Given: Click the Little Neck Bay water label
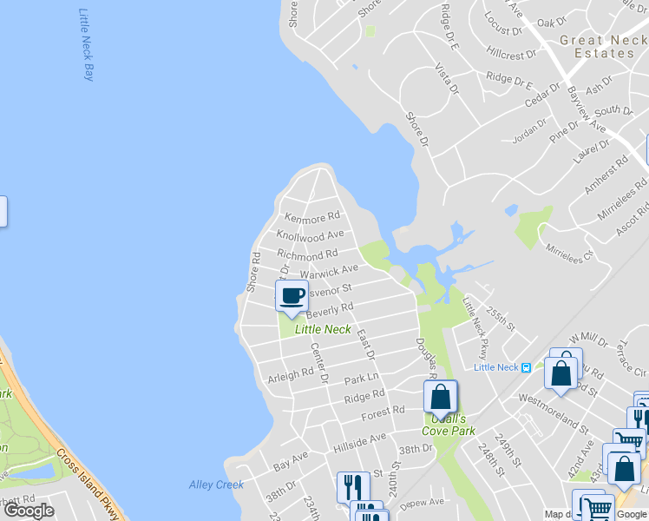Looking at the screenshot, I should [86, 44].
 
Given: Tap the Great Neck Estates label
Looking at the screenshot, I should [598, 47].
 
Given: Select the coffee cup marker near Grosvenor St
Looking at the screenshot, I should [292, 295].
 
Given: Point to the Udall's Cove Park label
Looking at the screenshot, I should [449, 424].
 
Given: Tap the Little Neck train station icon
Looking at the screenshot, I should [525, 366].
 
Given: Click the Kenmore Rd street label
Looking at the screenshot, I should [312, 216].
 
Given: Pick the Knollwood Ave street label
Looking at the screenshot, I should [311, 235].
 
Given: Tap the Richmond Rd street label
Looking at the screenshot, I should [307, 255].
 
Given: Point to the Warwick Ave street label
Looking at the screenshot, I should [329, 272].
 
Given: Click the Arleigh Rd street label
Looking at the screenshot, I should [290, 378].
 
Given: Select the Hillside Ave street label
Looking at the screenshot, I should [359, 444].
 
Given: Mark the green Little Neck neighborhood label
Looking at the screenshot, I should [323, 329].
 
